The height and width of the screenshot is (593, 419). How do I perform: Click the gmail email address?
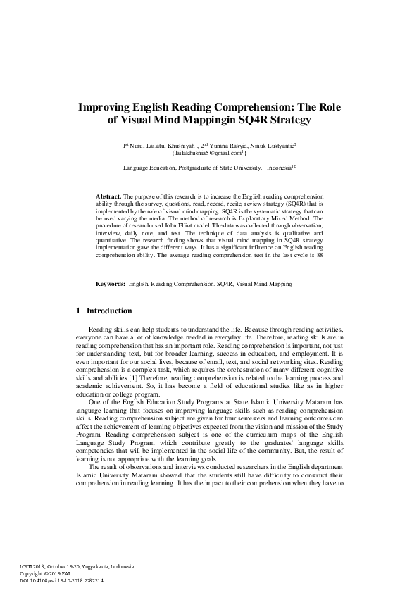[208, 152]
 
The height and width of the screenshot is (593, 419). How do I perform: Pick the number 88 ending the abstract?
[320, 255]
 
